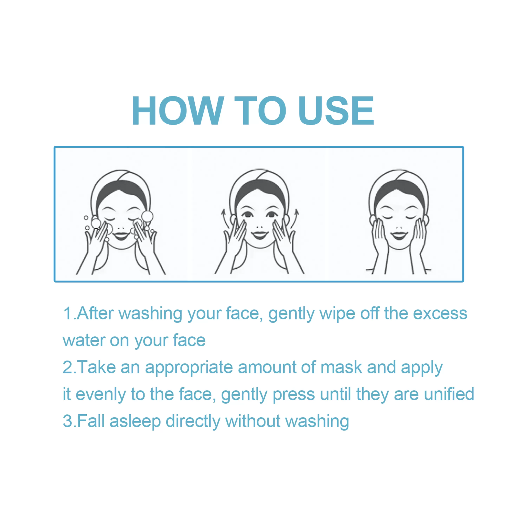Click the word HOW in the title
tap(178, 110)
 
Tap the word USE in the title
tap(336, 110)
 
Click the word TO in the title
tap(260, 110)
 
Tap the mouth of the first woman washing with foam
tap(121, 236)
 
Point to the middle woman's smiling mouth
tap(260, 235)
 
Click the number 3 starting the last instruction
tap(67, 421)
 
